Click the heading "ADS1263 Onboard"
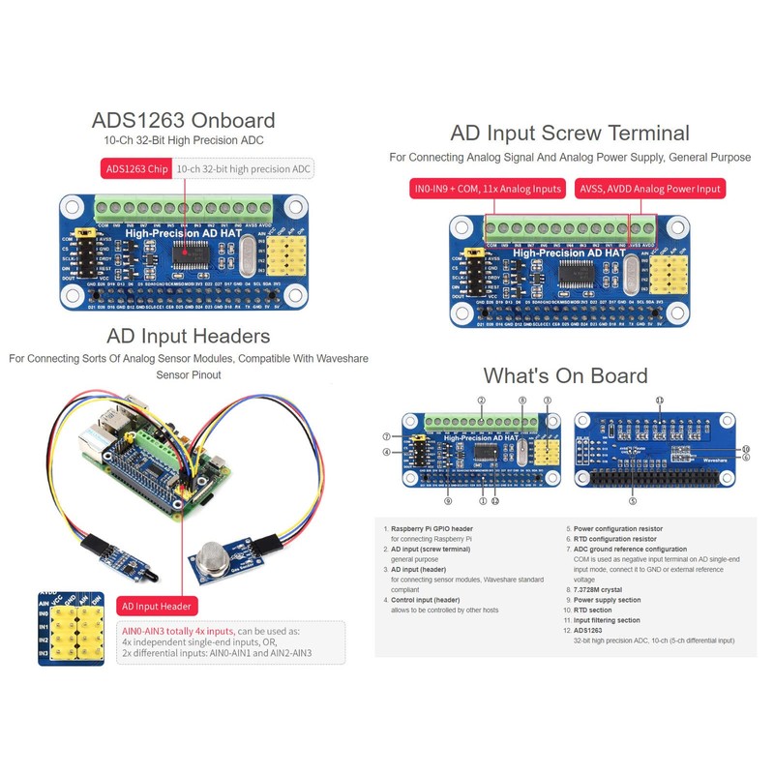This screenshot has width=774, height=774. [x=183, y=121]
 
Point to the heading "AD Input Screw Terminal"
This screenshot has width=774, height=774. [x=569, y=134]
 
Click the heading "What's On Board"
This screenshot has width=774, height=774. [x=565, y=375]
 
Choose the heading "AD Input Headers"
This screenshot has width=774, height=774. [x=188, y=337]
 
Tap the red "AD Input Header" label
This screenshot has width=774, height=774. [x=157, y=607]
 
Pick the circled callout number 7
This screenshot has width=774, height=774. [x=385, y=436]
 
